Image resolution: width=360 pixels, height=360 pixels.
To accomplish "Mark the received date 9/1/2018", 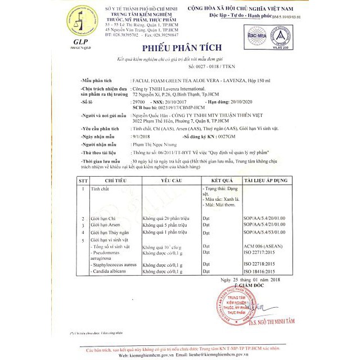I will pyautogui.click(x=138, y=137).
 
